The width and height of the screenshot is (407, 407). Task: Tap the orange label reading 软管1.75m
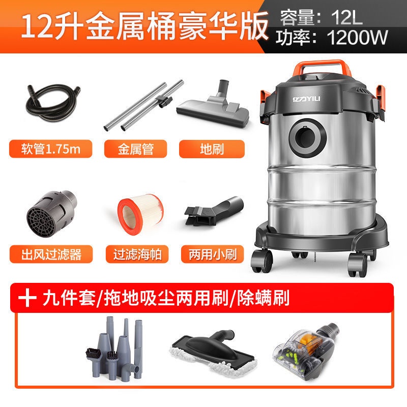50,149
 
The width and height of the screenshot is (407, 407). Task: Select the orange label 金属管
135,149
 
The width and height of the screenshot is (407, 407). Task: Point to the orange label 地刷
212,149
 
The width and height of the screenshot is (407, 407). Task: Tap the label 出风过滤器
51,254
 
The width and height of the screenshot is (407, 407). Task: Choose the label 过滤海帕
137,254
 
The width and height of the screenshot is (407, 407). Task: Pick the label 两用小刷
212,254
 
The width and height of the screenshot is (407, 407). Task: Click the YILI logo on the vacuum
307,99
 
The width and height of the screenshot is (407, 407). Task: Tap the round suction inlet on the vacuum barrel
308,137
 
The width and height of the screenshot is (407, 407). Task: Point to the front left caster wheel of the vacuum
261,261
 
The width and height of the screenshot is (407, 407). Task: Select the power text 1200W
357,37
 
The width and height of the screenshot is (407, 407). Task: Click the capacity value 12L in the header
347,18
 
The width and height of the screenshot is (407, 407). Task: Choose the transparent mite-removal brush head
306,351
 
